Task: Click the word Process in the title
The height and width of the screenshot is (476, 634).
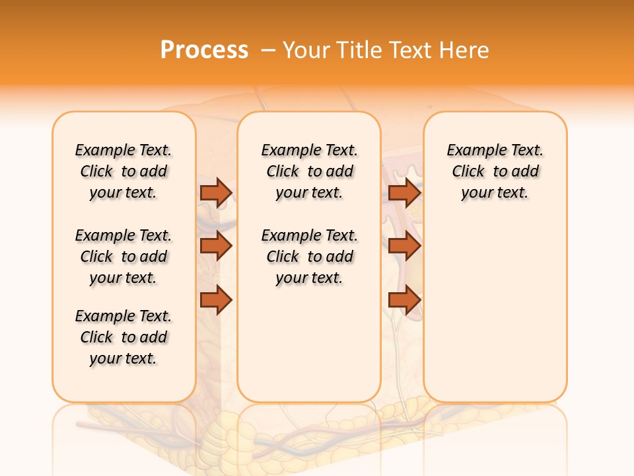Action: tap(204, 50)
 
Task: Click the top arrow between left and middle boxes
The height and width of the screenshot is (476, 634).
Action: tap(216, 192)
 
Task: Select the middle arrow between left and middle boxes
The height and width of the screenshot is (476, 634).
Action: tap(216, 246)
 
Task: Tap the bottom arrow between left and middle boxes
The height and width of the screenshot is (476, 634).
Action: tap(216, 300)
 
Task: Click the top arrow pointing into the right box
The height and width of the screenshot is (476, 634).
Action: tap(405, 192)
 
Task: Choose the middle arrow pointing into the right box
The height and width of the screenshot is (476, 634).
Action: tap(405, 246)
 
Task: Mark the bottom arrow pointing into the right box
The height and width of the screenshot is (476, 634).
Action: tap(405, 300)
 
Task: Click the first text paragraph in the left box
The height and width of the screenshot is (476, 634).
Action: tap(123, 171)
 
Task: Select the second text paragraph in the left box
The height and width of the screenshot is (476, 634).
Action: tap(123, 257)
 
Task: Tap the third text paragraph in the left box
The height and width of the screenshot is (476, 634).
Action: tap(123, 337)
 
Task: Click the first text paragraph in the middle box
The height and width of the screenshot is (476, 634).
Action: tap(309, 171)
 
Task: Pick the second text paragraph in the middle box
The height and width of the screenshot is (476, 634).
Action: tap(309, 257)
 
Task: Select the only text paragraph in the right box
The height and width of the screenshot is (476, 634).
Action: tap(495, 171)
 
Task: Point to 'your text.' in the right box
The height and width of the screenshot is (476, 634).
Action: tap(495, 193)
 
